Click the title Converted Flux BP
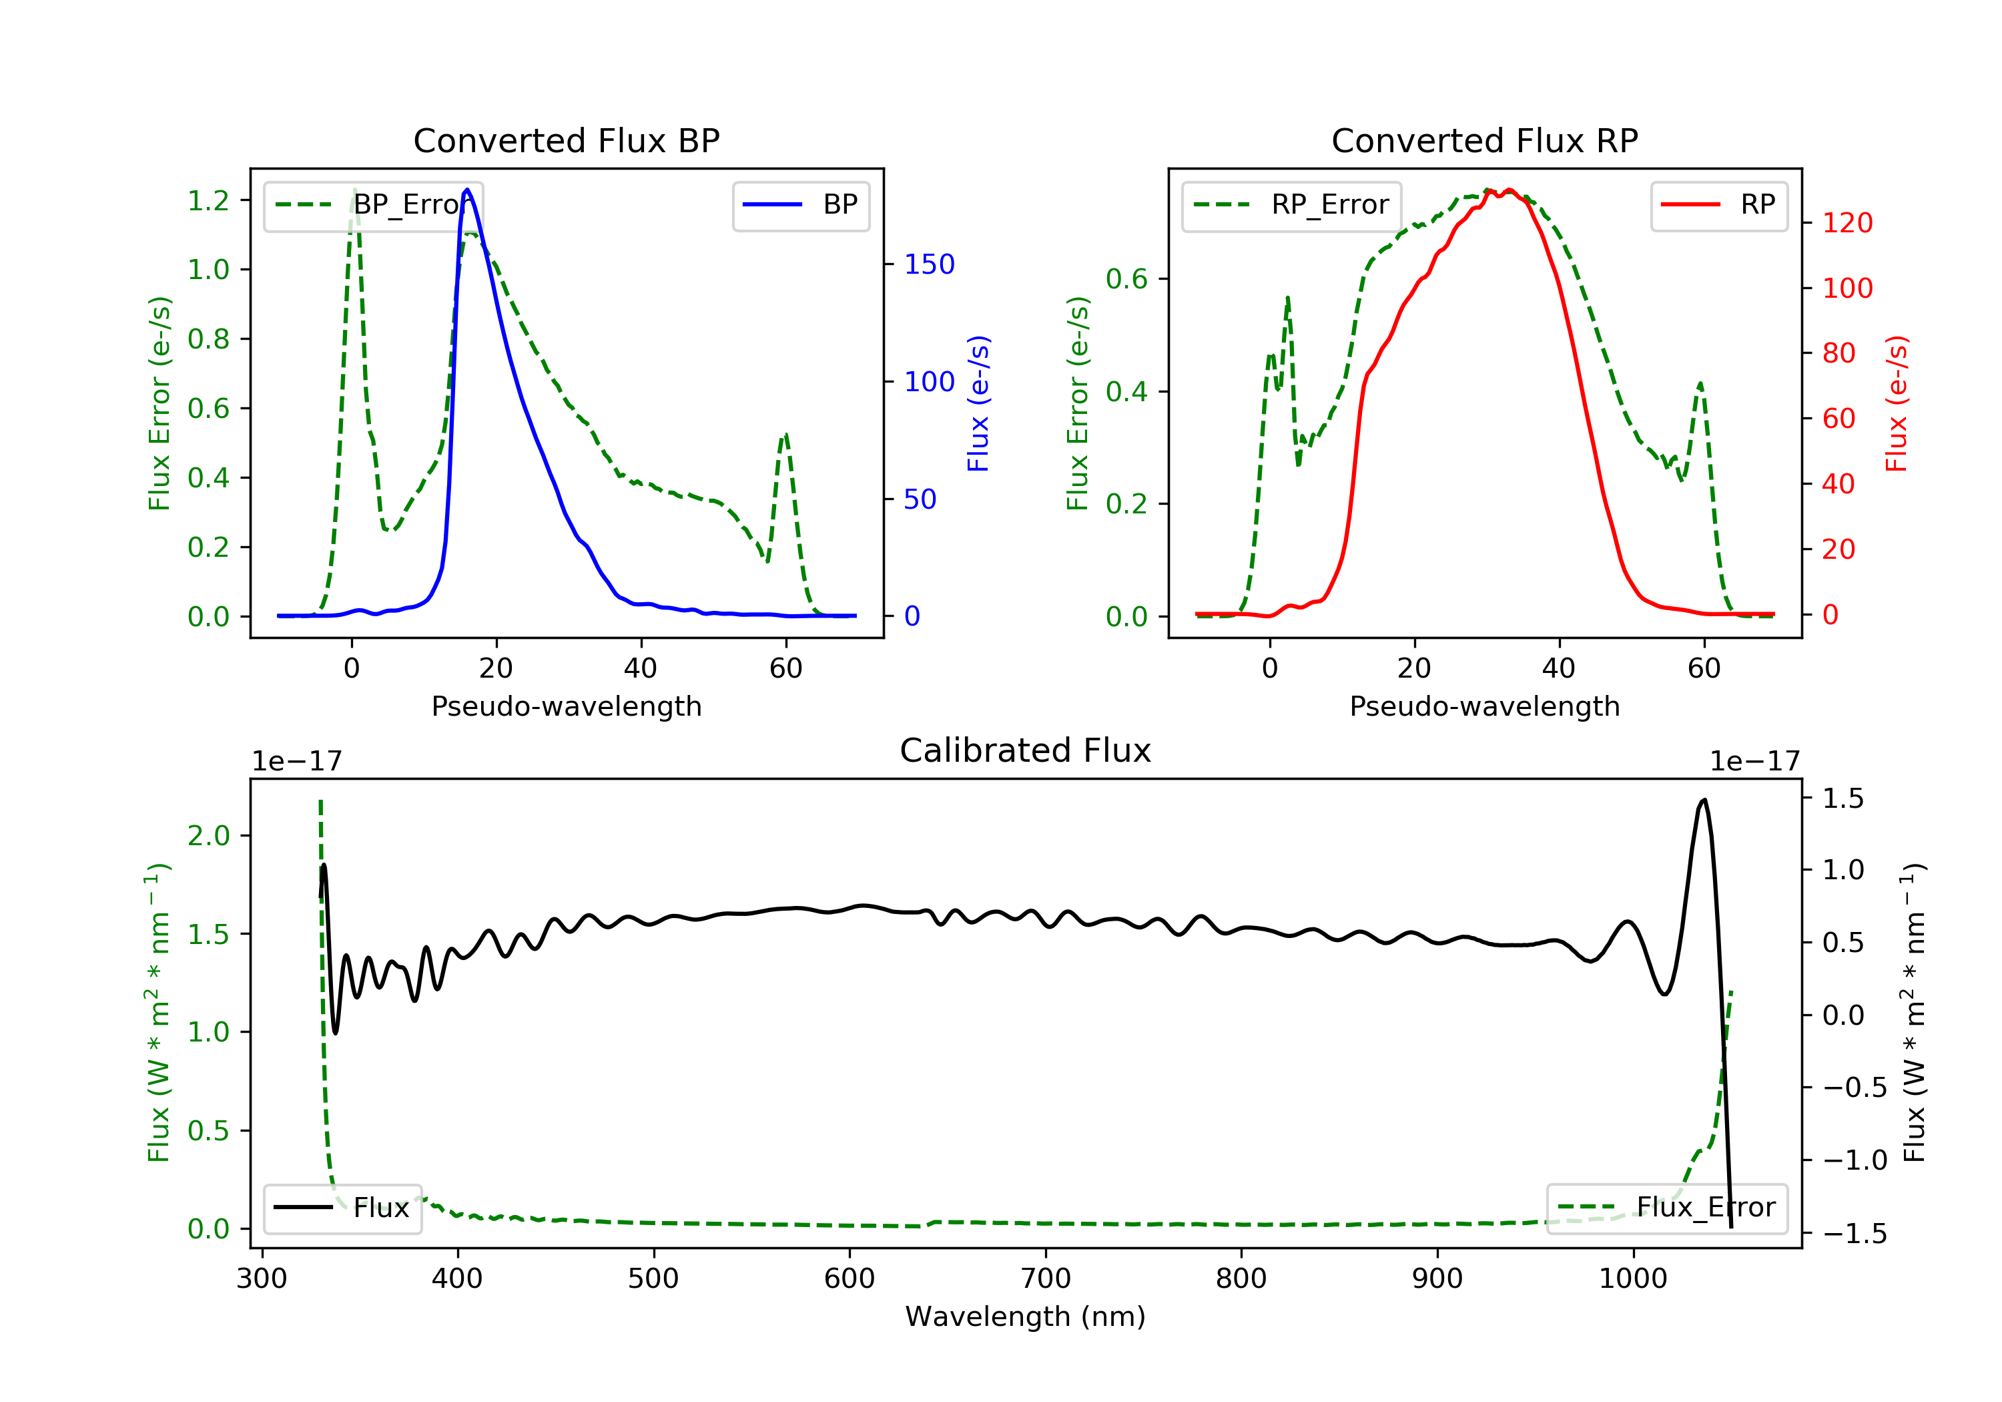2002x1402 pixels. (x=567, y=140)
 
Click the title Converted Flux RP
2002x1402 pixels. (x=1485, y=140)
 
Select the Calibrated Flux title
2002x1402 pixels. (x=1026, y=750)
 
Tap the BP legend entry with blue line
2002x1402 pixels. (x=800, y=205)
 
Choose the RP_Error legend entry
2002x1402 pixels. (x=1291, y=205)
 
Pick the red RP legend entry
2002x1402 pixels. (x=1718, y=205)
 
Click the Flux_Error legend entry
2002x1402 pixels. (x=1666, y=1208)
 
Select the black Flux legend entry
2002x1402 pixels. (x=342, y=1208)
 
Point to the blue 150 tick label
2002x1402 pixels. (x=930, y=264)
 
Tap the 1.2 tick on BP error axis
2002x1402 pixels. (x=208, y=201)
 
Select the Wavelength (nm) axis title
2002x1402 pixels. (x=1026, y=1317)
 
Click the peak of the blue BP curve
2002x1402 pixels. (x=467, y=190)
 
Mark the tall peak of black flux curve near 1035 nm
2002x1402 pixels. (x=1704, y=799)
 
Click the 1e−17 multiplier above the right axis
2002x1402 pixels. (x=1754, y=762)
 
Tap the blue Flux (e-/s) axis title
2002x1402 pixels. (x=978, y=403)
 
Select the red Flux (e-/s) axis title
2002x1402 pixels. (x=1897, y=403)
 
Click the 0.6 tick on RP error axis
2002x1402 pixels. (x=1126, y=279)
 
